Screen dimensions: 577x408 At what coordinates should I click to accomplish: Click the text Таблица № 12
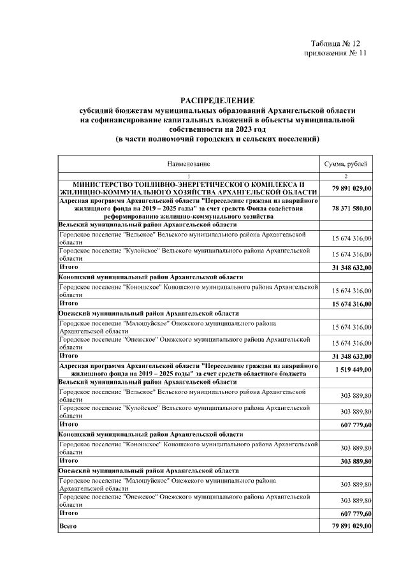click(x=335, y=43)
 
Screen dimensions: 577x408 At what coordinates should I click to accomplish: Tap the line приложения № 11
click(x=335, y=53)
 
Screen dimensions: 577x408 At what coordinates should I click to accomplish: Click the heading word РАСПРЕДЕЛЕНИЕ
click(x=217, y=100)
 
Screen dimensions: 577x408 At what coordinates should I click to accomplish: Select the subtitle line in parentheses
click(x=217, y=139)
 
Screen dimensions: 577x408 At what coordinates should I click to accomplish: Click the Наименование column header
click(x=189, y=164)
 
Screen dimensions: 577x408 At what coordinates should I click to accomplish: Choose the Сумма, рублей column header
click(x=349, y=164)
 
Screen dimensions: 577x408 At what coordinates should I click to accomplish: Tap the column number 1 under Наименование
click(x=189, y=175)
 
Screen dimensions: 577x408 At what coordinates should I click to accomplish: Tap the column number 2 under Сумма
click(x=349, y=175)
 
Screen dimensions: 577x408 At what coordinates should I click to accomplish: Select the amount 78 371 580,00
click(x=352, y=208)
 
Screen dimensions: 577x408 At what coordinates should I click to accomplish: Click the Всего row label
click(x=68, y=527)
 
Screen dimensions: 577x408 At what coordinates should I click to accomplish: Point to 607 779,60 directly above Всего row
click(x=356, y=513)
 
